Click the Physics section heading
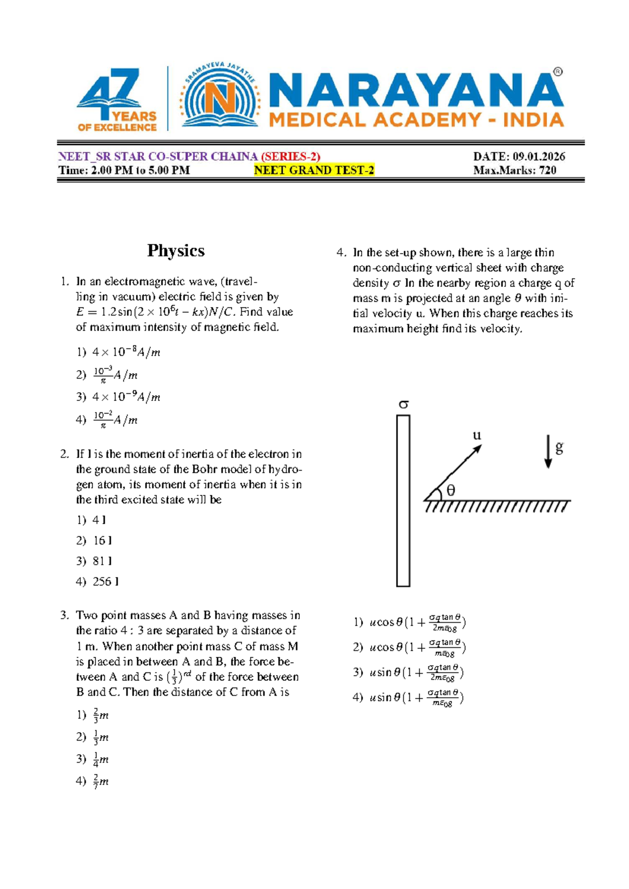(x=176, y=251)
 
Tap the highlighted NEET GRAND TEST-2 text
(x=314, y=170)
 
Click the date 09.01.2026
(x=538, y=156)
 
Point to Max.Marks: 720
(x=514, y=170)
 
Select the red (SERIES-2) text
(x=290, y=156)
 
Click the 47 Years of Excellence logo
(x=116, y=100)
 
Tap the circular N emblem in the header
(x=220, y=97)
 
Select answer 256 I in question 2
(x=105, y=581)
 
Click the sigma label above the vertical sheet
(x=403, y=404)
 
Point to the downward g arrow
(x=548, y=451)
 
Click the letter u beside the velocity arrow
(x=476, y=435)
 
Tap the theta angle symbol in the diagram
(x=450, y=491)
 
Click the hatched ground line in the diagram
(x=497, y=506)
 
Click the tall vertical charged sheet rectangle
(x=403, y=501)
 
